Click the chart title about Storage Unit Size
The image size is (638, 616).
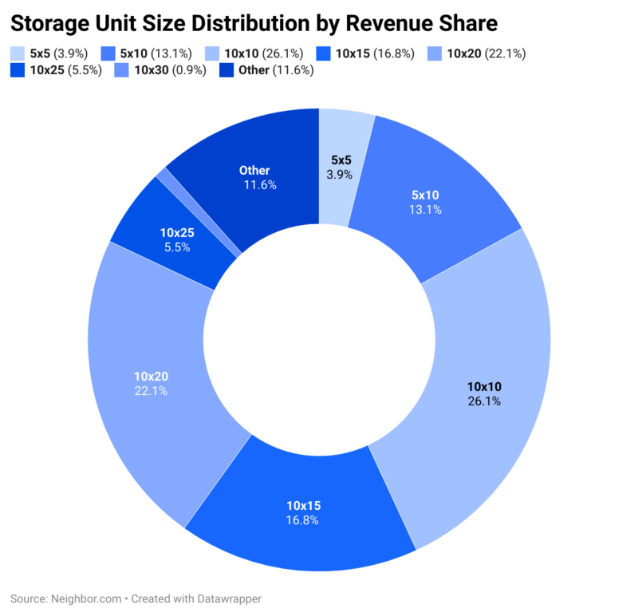(x=253, y=22)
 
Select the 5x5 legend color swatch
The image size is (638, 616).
(x=18, y=53)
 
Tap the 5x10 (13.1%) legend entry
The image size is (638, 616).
(x=154, y=53)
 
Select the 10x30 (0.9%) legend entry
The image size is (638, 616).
(x=169, y=70)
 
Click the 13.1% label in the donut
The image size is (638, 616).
(x=425, y=210)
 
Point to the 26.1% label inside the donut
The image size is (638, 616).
(x=484, y=401)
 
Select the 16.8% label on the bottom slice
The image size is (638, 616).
(x=302, y=520)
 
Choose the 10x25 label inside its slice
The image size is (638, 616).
(x=177, y=232)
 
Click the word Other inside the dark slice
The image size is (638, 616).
(x=254, y=170)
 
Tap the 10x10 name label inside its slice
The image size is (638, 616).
(x=484, y=387)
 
